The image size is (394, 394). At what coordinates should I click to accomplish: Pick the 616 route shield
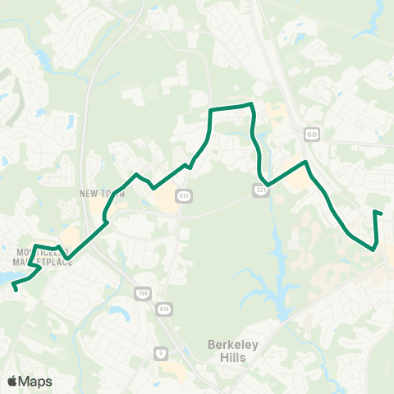click(x=166, y=309)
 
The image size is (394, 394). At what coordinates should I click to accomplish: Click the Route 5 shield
click(x=159, y=353)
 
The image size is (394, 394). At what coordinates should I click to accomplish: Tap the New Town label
click(x=100, y=194)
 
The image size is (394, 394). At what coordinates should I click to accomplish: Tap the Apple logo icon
click(x=12, y=381)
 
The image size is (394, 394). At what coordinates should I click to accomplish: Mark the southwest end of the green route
click(x=16, y=290)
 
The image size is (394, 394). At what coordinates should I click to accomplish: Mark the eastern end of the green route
click(x=382, y=214)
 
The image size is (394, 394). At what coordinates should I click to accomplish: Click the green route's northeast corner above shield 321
click(x=251, y=105)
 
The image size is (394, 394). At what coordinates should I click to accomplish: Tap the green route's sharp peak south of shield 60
click(x=306, y=163)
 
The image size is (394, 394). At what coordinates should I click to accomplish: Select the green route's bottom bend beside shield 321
click(x=263, y=184)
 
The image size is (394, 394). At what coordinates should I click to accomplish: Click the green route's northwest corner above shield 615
click(x=211, y=110)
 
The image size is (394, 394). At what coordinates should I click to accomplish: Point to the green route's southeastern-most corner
click(x=375, y=249)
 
